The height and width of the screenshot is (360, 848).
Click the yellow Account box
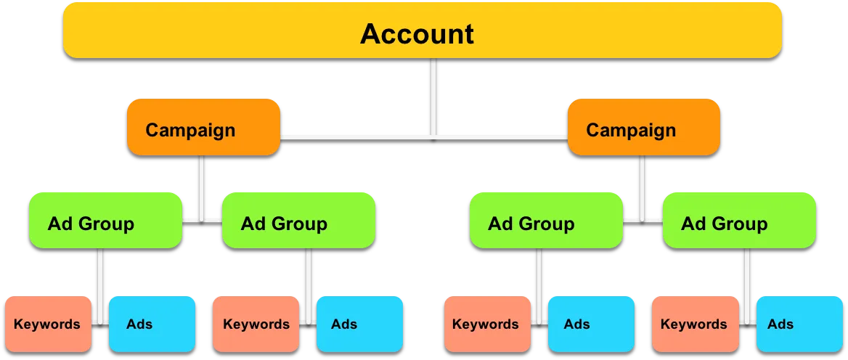pyautogui.click(x=423, y=30)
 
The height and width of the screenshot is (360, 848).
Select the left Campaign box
pyautogui.click(x=203, y=127)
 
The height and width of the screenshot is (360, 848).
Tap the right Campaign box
pyautogui.click(x=643, y=127)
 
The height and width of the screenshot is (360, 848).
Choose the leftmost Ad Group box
pyautogui.click(x=105, y=221)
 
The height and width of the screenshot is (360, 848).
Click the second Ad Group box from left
pyautogui.click(x=298, y=221)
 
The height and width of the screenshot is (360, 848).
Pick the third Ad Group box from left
pyautogui.click(x=546, y=221)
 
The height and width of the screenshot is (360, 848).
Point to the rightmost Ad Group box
pyautogui.click(x=739, y=221)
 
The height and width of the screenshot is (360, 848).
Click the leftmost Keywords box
pyautogui.click(x=48, y=324)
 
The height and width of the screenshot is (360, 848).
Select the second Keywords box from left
pyautogui.click(x=256, y=324)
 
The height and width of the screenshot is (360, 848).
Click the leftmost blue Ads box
pyautogui.click(x=152, y=324)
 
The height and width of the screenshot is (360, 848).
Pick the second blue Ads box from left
pyautogui.click(x=359, y=324)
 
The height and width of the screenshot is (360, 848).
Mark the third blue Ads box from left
pyautogui.click(x=591, y=324)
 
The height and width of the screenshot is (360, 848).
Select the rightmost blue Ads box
pyautogui.click(x=799, y=324)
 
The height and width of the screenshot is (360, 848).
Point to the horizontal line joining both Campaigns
pyautogui.click(x=423, y=139)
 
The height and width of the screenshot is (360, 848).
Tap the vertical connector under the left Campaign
pyautogui.click(x=201, y=188)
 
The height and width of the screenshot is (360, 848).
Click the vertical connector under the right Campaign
pyautogui.click(x=642, y=188)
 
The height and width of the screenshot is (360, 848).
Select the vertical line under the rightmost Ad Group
pyautogui.click(x=747, y=287)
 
